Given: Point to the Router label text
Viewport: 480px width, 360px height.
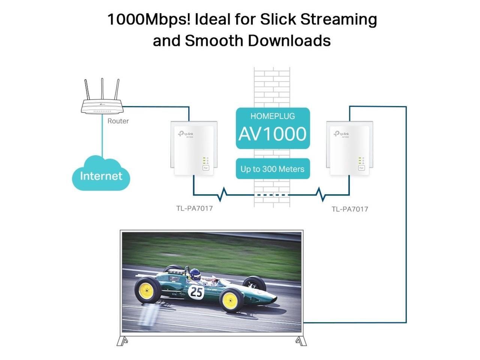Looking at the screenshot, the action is [118, 121].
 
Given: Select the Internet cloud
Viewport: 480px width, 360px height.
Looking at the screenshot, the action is [101, 174].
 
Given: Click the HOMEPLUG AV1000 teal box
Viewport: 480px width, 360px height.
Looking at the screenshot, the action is [273, 128].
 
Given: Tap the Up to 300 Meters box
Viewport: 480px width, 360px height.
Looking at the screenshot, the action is [273, 169].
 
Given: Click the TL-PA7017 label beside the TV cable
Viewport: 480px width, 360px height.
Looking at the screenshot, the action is [349, 209].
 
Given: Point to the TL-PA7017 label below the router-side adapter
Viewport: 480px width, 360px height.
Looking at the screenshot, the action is [194, 208].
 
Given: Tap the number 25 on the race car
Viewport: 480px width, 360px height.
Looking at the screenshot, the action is [196, 291].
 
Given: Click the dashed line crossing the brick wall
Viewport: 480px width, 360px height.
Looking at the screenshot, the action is [272, 195].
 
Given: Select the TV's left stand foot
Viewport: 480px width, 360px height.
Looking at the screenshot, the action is [123, 341].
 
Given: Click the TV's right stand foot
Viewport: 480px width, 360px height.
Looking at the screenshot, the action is [300, 341].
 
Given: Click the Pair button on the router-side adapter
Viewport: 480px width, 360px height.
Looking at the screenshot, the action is [205, 168].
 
